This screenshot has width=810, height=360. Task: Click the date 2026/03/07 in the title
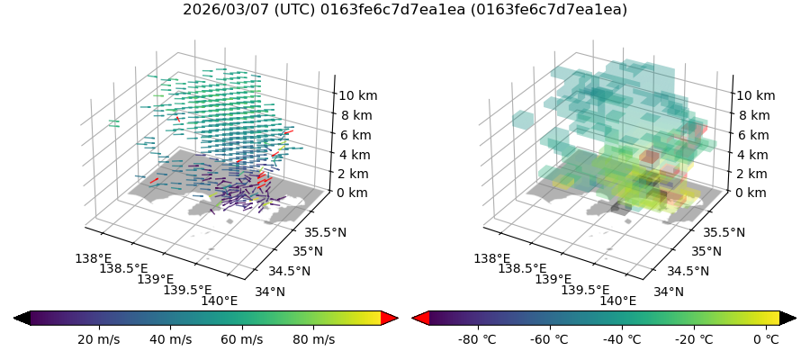click(218, 10)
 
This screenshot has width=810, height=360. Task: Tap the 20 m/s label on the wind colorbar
click(98, 339)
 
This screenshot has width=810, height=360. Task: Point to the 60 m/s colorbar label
click(241, 339)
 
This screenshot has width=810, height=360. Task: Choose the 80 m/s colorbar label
click(313, 339)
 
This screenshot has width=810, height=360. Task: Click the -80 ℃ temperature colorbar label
click(478, 339)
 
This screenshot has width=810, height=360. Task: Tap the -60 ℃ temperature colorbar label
click(550, 339)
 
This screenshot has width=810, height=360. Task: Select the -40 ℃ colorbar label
click(622, 339)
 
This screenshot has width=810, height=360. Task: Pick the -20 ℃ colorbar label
click(694, 339)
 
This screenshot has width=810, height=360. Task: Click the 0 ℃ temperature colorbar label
click(766, 339)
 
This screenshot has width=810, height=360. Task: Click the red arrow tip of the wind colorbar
click(390, 318)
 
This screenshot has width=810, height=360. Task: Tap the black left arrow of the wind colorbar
click(22, 318)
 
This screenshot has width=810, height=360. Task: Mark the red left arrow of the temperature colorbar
click(420, 318)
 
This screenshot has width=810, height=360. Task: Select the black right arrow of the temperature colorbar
click(788, 318)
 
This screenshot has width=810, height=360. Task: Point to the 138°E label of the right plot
click(491, 258)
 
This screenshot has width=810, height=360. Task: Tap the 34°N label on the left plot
click(270, 292)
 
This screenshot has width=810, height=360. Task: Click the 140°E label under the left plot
click(220, 301)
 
